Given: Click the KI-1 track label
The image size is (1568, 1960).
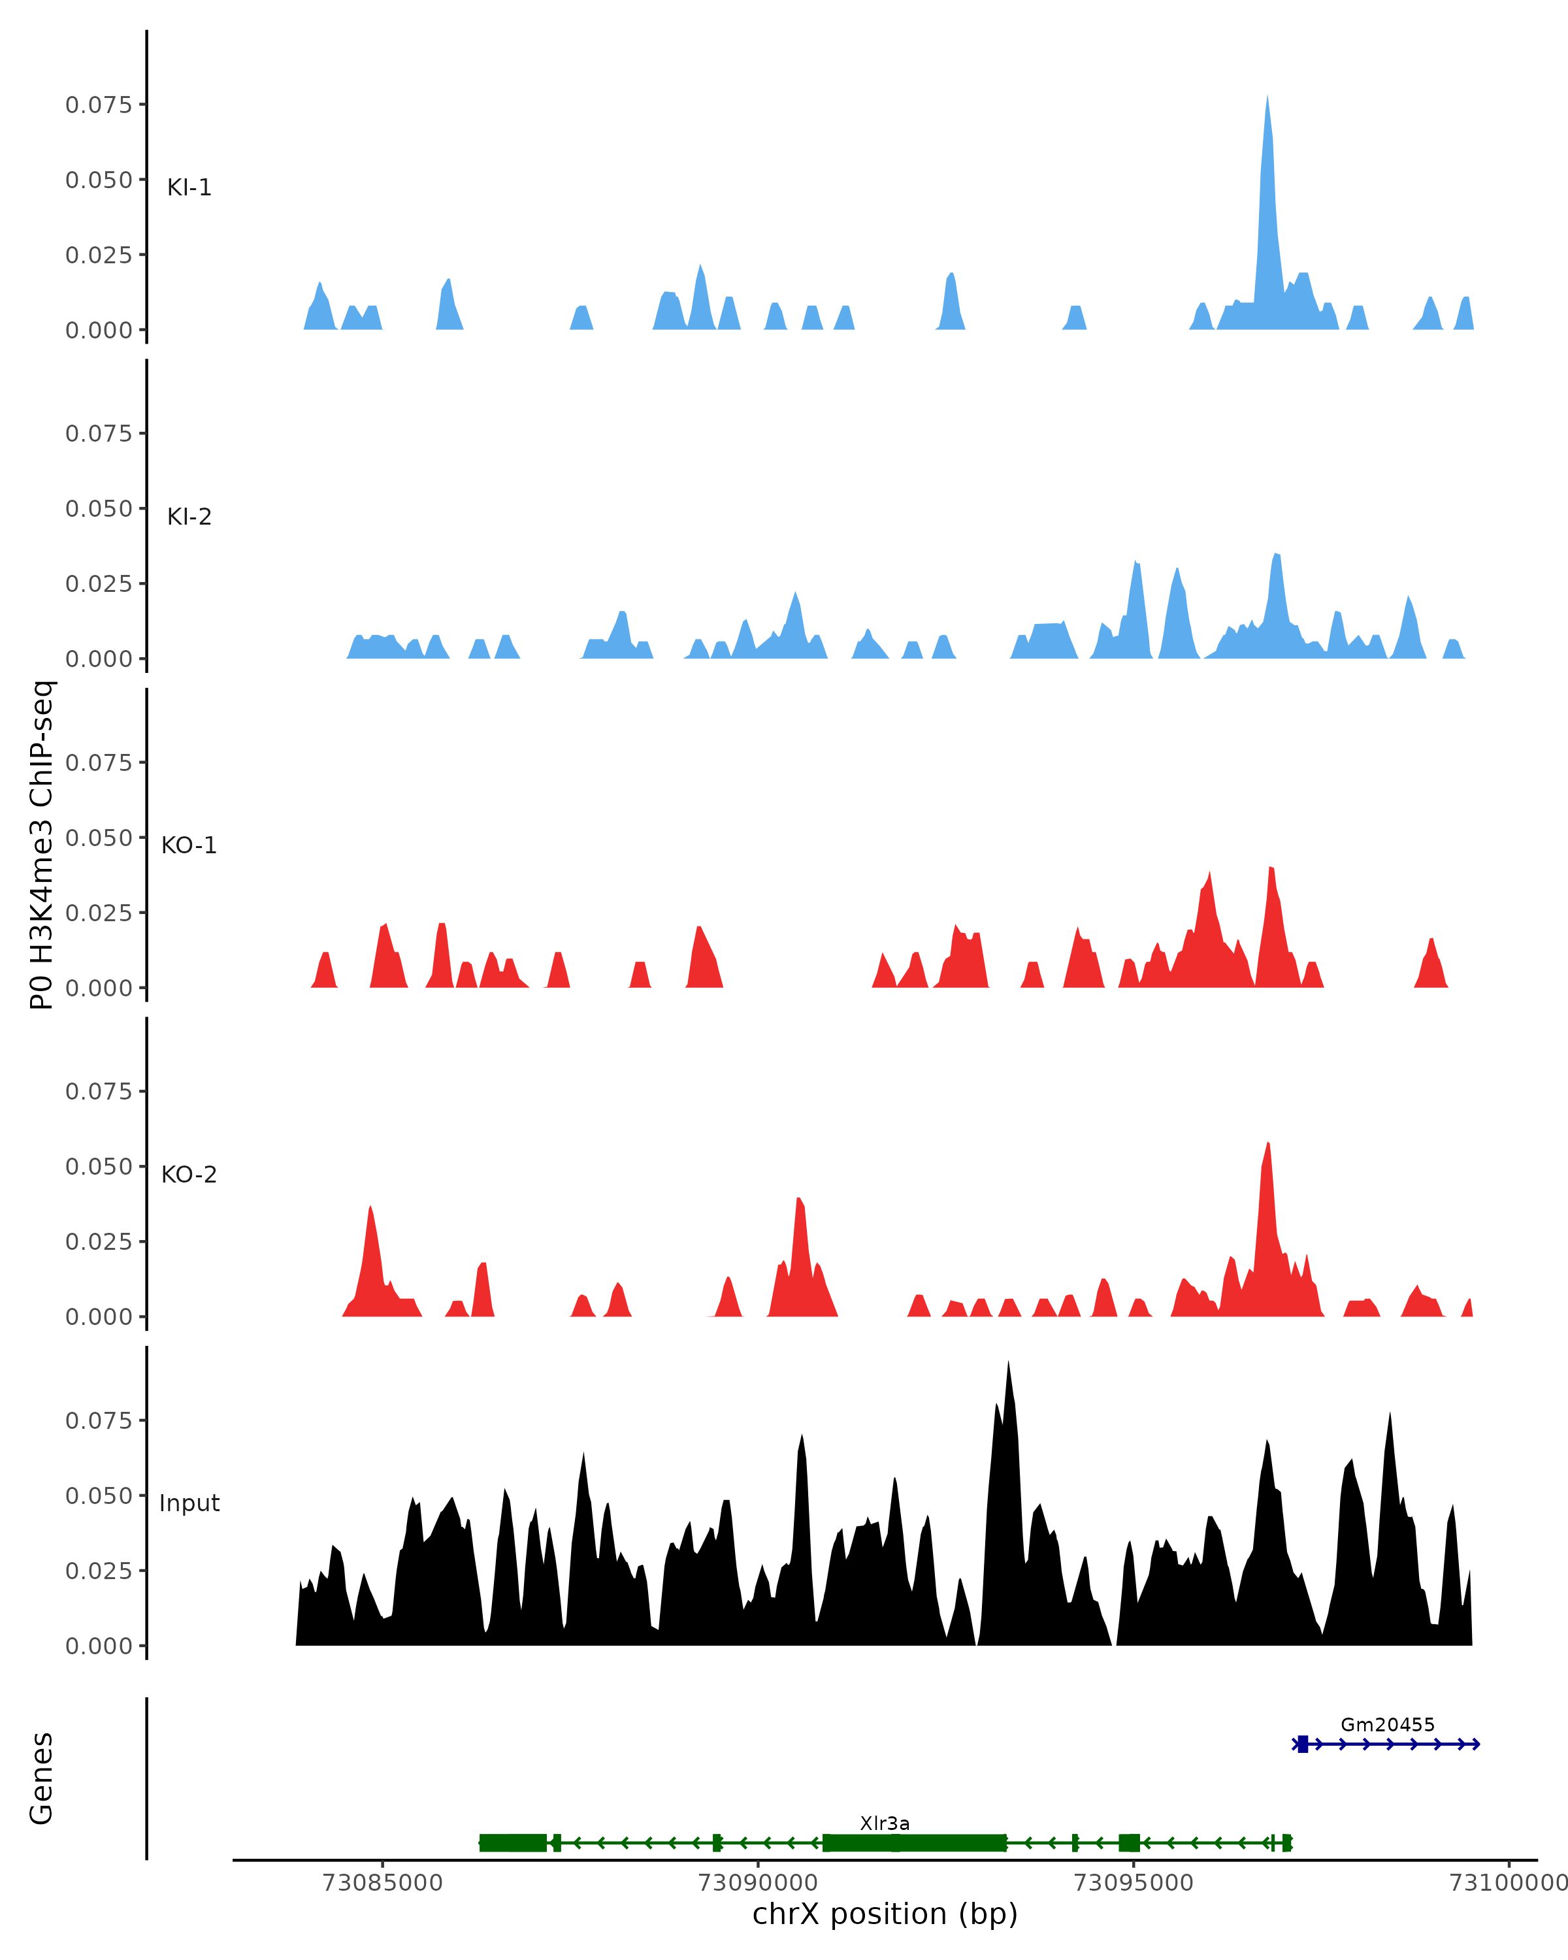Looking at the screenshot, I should [189, 188].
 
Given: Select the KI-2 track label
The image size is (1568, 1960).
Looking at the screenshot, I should [189, 516].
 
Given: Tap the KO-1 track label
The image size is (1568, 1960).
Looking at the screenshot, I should [189, 845].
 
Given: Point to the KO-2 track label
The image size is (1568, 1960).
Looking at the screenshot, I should [189, 1175].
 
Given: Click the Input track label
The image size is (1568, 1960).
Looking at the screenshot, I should [189, 1503].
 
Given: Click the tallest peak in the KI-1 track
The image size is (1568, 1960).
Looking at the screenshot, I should [1267, 98].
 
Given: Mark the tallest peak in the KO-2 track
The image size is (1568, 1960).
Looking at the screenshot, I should [1268, 1145].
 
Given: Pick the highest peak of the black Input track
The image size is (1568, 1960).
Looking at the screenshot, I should [1008, 1364].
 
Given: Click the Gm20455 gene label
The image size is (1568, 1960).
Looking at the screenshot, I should [1387, 1725].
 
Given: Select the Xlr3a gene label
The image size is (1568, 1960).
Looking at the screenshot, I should [885, 1823].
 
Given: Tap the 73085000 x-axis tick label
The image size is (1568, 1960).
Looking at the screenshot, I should [382, 1883].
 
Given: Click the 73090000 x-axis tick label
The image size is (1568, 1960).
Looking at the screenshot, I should [757, 1883].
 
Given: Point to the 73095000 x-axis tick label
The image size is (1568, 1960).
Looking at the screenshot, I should [1134, 1883].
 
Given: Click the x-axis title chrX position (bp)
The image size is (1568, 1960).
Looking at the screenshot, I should [885, 1914].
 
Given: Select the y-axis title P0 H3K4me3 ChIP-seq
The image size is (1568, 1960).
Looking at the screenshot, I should [42, 845].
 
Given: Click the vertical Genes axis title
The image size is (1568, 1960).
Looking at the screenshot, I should [42, 1778].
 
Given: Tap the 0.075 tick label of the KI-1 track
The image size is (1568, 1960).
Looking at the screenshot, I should [98, 105].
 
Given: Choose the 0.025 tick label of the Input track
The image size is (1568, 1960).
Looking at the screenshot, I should [98, 1571].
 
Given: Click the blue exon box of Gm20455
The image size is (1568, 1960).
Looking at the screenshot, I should [1303, 1744].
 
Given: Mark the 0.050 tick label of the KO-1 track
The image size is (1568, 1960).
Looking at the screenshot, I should [98, 838].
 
